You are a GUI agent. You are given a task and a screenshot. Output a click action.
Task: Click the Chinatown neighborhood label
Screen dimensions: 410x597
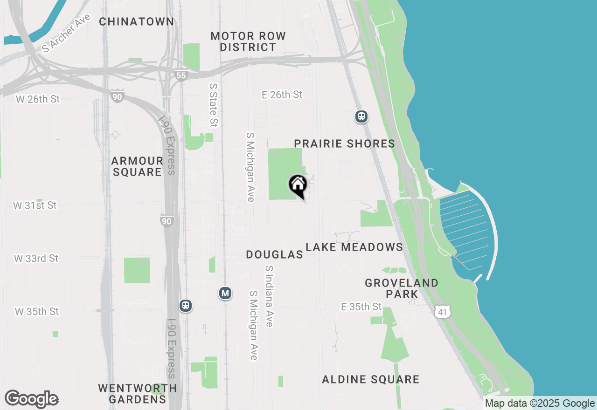pos(137,21)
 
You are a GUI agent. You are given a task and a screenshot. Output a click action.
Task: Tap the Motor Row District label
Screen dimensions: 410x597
pos(248,41)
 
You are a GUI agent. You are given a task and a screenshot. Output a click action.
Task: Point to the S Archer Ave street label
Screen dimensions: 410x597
pos(66,33)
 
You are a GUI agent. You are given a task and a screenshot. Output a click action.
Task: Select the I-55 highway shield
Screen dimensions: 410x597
pos(181,75)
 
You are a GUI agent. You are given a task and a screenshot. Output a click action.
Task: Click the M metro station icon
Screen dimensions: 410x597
pos(225,293)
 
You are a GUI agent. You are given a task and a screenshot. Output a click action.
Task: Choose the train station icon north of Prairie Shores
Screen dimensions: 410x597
pos(361,116)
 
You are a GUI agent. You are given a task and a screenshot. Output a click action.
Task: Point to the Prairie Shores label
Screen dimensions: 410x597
pos(345,143)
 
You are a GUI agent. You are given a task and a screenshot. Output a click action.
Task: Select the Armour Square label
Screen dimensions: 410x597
pos(137,166)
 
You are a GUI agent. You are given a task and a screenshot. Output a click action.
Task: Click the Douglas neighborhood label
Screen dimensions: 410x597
pos(274,254)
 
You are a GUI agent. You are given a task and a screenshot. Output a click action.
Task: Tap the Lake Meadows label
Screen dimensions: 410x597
pos(354,247)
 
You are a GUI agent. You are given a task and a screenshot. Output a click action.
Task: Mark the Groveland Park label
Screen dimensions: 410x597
pos(402,288)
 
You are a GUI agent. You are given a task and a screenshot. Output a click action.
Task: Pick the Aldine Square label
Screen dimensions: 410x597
pos(370,379)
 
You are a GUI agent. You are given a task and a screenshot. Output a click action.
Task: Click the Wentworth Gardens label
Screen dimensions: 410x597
pos(138,394)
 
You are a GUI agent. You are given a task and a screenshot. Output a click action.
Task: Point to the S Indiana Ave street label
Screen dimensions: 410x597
pos(269,296)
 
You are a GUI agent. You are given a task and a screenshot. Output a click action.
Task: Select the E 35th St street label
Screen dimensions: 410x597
pos(361,307)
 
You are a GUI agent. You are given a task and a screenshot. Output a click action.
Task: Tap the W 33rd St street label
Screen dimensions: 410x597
pos(36,258)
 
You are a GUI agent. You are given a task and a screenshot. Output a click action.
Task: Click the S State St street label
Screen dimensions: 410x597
pos(214,105)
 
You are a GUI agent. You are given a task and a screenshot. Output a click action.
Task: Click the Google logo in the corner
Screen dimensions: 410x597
pos(32,399)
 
